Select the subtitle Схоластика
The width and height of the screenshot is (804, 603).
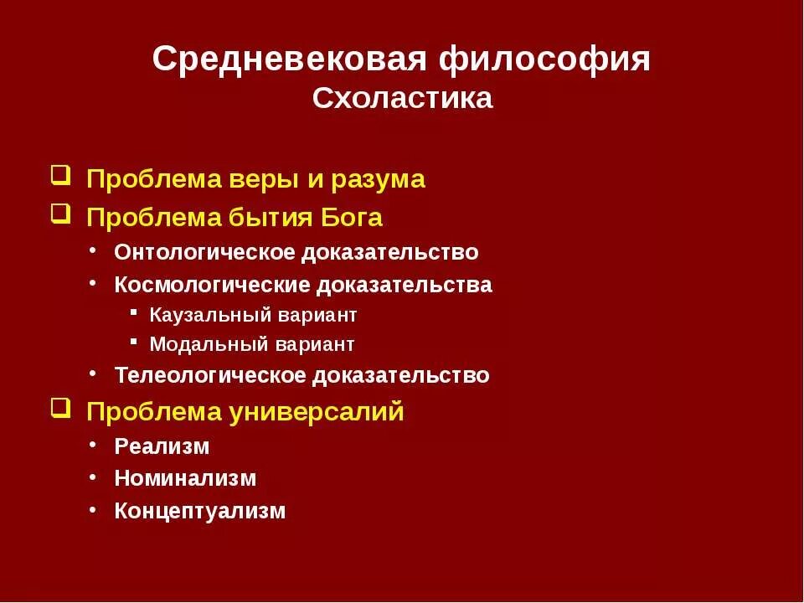pyautogui.click(x=402, y=99)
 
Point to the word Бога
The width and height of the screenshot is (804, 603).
pyautogui.click(x=352, y=218)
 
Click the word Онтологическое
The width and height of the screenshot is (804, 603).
pyautogui.click(x=206, y=252)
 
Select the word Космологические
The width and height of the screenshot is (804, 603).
pyautogui.click(x=213, y=285)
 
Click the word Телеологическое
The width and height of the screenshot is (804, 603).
pyautogui.click(x=211, y=375)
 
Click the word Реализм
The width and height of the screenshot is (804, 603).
pyautogui.click(x=162, y=446)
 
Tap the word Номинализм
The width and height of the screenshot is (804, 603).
pyautogui.click(x=185, y=479)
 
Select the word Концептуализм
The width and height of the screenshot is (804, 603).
pyautogui.click(x=200, y=511)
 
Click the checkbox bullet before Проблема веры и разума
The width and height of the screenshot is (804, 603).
pyautogui.click(x=59, y=177)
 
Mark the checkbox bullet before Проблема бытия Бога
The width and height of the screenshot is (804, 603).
pyautogui.click(x=59, y=215)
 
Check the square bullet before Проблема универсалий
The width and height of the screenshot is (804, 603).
pyautogui.click(x=59, y=410)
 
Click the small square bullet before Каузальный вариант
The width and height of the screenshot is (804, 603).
pyautogui.click(x=134, y=312)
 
